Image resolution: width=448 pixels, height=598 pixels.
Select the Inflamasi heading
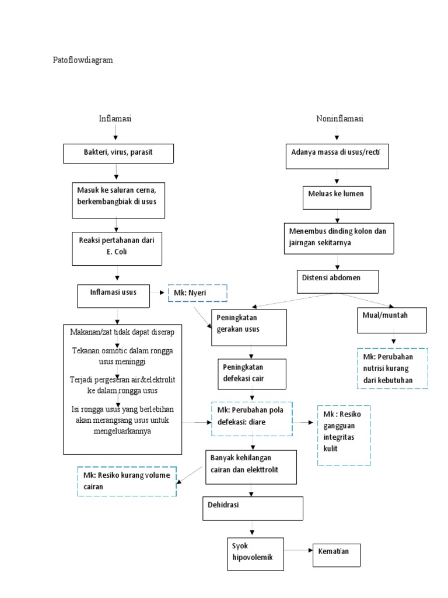click(115, 119)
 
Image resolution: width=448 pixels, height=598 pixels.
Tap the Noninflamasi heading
click(339, 119)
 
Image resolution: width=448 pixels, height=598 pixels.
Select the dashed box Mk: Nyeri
click(197, 293)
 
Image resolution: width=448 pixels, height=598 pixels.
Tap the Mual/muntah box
click(393, 319)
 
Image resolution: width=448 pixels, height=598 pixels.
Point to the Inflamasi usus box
click(115, 295)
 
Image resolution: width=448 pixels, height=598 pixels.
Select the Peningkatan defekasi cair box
click(252, 374)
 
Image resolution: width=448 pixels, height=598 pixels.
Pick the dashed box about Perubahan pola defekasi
click(251, 418)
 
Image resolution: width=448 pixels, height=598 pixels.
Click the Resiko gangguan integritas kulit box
click(344, 435)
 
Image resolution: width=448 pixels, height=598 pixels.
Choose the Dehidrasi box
click(253, 507)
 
